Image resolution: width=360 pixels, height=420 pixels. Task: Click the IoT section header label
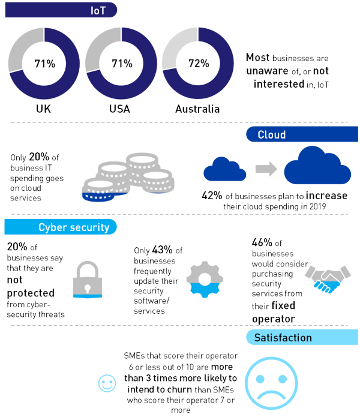click(x=98, y=10)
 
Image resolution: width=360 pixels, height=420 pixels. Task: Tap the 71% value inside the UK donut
click(x=45, y=64)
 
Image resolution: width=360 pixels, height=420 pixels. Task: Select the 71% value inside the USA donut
click(x=122, y=64)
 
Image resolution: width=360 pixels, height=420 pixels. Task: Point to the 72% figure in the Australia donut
click(x=199, y=64)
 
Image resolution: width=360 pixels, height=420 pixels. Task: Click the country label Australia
click(x=197, y=109)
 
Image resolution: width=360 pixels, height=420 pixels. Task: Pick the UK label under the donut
click(x=43, y=109)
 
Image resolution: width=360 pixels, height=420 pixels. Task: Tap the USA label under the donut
click(x=119, y=109)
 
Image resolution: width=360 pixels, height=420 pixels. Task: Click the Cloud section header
click(x=272, y=134)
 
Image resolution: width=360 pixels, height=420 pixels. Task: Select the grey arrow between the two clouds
click(x=266, y=169)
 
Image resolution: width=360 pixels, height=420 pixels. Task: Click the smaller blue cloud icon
click(x=225, y=169)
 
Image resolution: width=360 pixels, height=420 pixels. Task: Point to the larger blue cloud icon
click(x=317, y=165)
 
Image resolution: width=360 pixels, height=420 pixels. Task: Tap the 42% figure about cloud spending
click(x=212, y=196)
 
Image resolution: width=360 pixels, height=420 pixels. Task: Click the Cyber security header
click(x=74, y=227)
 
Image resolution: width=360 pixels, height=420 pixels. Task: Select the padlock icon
click(x=88, y=280)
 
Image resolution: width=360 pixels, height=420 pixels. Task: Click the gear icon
click(x=205, y=280)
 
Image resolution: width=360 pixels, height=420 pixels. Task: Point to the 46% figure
click(x=262, y=242)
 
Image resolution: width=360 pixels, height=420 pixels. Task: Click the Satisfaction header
click(x=283, y=337)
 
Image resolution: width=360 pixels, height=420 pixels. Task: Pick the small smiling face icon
click(x=107, y=383)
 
